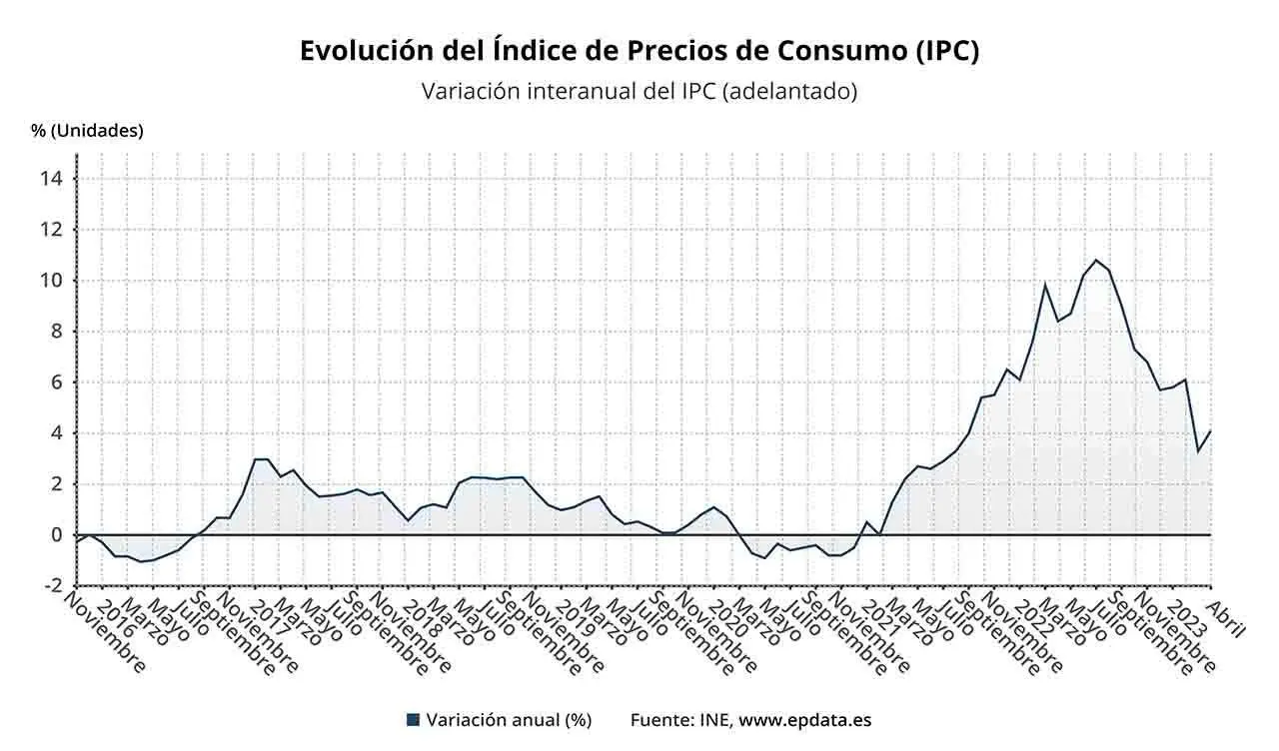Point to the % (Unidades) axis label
[87, 130]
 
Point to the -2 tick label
[52, 586]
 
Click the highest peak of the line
[1096, 260]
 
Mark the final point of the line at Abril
[1210, 431]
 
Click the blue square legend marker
[413, 720]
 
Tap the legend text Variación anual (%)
[509, 720]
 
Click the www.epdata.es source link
[804, 720]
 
